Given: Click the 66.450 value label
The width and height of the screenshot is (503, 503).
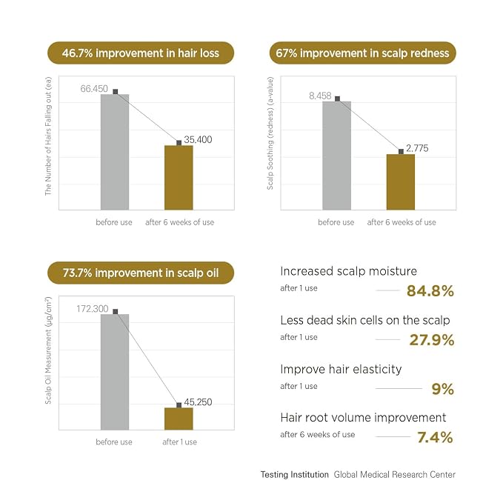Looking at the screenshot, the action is click(x=94, y=89).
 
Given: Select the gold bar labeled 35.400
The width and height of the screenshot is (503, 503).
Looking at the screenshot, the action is click(x=179, y=178).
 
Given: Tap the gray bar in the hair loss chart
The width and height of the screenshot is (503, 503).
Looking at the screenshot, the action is click(x=115, y=152).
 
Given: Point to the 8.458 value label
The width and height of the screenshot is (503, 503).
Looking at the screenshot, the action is click(x=320, y=96).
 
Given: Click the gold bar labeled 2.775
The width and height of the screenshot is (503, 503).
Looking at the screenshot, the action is click(x=401, y=182).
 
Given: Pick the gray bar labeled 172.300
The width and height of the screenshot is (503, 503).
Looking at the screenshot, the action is click(x=115, y=372).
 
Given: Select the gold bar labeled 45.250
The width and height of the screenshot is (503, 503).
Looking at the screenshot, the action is click(x=179, y=419).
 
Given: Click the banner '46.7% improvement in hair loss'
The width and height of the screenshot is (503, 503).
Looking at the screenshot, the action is click(x=141, y=53).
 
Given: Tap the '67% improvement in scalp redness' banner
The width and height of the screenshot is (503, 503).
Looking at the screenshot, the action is click(x=362, y=53).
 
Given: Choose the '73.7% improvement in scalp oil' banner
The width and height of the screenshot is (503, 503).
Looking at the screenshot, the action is click(x=141, y=273).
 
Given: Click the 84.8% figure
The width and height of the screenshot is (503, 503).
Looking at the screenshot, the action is click(x=430, y=291).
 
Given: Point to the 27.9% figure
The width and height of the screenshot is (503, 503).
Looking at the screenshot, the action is click(x=432, y=340).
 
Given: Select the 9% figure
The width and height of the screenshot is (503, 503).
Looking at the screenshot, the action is click(x=443, y=389).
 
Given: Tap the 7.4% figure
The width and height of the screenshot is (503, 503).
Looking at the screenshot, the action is click(x=435, y=437).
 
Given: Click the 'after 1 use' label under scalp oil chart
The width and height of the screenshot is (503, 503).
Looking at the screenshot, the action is click(x=179, y=442).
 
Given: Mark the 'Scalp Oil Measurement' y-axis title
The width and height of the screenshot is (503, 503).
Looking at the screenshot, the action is click(x=48, y=350).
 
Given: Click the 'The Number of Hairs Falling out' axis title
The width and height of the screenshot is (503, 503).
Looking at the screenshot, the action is click(x=48, y=136).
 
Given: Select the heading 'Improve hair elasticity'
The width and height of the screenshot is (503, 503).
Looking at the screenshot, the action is click(x=341, y=369).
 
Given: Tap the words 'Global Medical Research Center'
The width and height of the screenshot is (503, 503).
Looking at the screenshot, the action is click(x=395, y=474).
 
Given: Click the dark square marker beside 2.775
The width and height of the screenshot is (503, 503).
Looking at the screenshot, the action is click(x=401, y=151).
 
